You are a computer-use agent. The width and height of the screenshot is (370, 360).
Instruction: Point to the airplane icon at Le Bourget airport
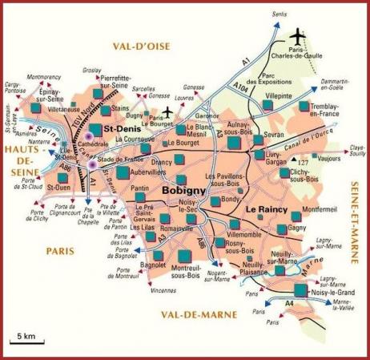(x=167, y=111)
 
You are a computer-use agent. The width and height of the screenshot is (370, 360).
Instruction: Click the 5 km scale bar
(x=26, y=341)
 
